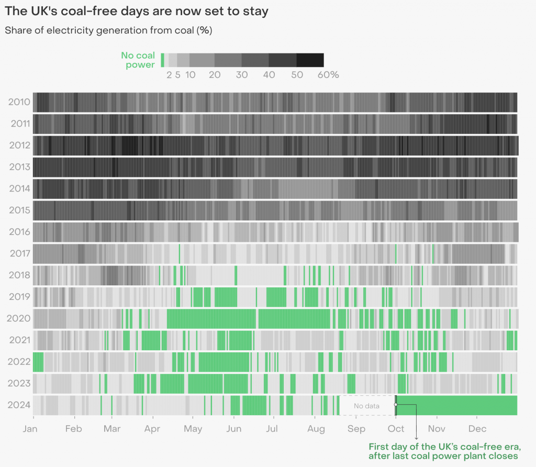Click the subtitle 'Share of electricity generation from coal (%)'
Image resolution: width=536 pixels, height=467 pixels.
coord(108,30)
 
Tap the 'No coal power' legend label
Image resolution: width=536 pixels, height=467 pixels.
coord(138,60)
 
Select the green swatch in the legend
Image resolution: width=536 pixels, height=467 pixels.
coord(162,60)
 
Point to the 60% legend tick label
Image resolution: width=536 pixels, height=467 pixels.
coord(328,75)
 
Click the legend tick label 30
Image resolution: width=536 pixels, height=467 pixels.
coord(241,75)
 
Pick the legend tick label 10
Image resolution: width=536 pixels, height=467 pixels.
coord(190,75)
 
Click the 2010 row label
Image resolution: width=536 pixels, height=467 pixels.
coord(19,102)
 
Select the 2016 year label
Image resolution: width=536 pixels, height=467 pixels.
coord(19,232)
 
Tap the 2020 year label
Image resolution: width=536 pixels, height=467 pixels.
coord(18,318)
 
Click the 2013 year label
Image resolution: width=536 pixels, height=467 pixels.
coord(19,167)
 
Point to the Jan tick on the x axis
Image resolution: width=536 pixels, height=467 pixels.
coord(30,429)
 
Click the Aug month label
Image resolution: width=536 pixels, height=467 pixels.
coord(316,429)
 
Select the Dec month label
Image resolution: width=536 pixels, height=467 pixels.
coord(477,429)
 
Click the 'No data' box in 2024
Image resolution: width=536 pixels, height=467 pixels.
coord(366,405)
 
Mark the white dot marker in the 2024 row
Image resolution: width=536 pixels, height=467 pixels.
coord(396,404)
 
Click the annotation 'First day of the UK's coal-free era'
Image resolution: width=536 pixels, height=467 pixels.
coord(445,452)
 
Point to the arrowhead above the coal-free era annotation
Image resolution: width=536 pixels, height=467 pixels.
coord(417,438)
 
